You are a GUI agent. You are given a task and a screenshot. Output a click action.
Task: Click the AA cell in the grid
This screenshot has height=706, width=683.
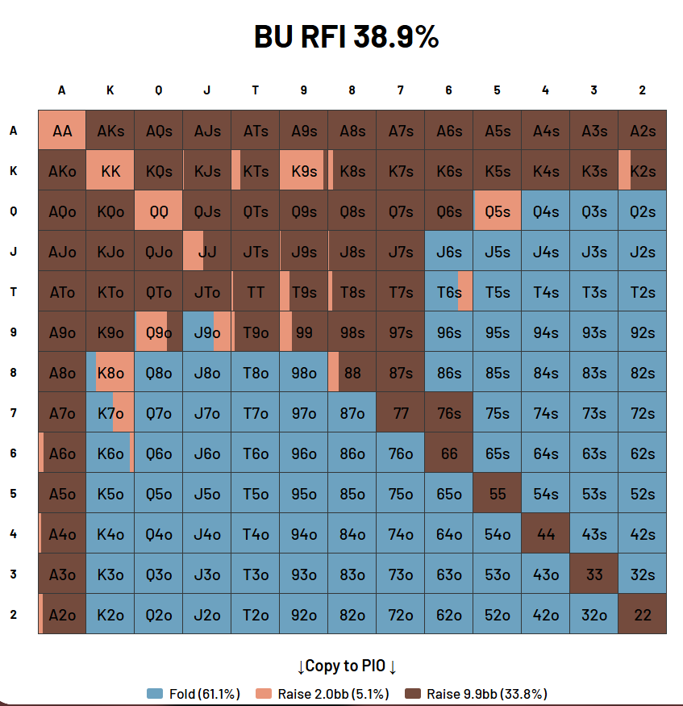(62, 131)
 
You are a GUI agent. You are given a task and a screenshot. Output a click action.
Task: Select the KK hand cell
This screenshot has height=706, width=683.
(110, 171)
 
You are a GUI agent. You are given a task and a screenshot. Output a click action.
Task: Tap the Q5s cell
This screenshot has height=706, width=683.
(498, 211)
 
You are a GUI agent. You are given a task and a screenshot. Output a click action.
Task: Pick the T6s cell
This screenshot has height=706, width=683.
(449, 292)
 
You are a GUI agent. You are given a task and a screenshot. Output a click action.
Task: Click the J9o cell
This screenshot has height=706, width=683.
(207, 332)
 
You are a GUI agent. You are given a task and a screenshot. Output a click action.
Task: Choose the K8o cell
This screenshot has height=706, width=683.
(110, 373)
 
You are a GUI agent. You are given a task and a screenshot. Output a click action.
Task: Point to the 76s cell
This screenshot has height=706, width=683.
(449, 413)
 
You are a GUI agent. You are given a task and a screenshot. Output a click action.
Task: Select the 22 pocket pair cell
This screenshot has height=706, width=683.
(643, 615)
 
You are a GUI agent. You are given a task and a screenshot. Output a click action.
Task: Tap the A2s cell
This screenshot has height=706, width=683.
(643, 131)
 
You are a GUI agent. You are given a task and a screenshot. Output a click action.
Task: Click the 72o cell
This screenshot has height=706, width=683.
(401, 615)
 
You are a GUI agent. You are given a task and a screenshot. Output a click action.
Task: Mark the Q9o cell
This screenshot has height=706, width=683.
(159, 332)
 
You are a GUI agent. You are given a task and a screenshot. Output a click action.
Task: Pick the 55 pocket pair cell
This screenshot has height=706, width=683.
(498, 494)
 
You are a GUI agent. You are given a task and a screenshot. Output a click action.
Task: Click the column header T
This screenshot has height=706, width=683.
(256, 90)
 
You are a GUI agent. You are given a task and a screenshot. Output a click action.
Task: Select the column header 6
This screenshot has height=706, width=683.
(449, 90)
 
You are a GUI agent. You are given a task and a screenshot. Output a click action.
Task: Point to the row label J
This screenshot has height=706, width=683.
(13, 252)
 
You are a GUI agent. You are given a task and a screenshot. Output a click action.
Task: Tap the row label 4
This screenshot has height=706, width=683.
(13, 534)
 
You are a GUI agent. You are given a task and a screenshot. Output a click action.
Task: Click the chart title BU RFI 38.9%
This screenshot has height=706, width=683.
(346, 37)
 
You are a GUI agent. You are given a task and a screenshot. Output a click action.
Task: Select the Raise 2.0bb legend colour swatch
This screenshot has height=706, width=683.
(264, 694)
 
